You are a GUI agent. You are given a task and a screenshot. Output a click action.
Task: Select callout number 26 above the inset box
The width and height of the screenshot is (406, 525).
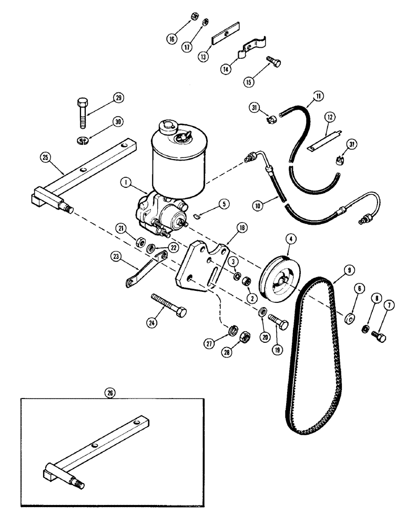(x=109, y=392)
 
